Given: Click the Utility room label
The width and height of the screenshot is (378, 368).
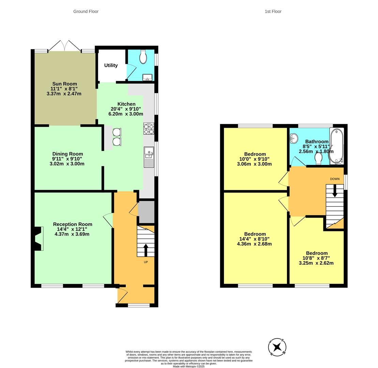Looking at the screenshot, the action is coord(111,65).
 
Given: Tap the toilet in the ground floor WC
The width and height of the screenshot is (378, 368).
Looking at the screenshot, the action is coord(143,57).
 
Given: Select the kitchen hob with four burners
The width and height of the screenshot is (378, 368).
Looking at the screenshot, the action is coord(149,128).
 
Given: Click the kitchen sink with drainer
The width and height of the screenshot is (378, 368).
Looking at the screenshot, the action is coord(149,157).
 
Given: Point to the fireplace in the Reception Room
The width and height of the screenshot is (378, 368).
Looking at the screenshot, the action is coord(39,239).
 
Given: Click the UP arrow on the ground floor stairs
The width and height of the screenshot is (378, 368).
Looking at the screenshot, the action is coord(146,250).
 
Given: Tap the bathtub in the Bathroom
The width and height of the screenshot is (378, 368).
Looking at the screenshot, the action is coord(336,146).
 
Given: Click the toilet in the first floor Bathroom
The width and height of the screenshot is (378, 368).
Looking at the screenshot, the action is coord(319,158).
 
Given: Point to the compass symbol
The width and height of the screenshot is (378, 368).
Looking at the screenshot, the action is coord(277,347).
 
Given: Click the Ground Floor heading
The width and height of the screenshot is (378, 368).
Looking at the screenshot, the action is coord(86,11).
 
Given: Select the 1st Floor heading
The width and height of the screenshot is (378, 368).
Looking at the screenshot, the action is coord(273,11).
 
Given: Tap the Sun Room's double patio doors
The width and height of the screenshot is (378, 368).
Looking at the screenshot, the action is coord(65,46).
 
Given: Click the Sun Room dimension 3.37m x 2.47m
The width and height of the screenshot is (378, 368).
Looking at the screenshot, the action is coord(64,94).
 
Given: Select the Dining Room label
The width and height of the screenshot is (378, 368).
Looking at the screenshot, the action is coord(68,154).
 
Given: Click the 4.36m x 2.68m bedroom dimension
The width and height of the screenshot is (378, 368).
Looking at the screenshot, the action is coord(254,244).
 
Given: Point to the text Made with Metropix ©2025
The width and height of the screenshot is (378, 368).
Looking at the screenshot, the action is coord(189,366).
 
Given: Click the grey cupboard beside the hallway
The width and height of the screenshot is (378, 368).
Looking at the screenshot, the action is coord(146,212).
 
